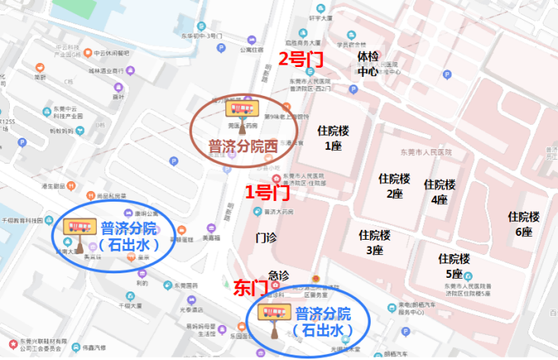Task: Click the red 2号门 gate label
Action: click(x=300, y=58)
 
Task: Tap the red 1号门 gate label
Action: click(x=266, y=192)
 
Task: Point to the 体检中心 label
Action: click(x=368, y=64)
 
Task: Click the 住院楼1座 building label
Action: click(x=333, y=138)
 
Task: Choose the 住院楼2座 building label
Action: click(x=394, y=186)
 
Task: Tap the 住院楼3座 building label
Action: click(x=375, y=242)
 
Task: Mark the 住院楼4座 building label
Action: click(x=439, y=192)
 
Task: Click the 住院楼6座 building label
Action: click(x=524, y=224)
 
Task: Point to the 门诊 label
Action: click(x=268, y=239)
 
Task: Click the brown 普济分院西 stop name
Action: click(x=242, y=145)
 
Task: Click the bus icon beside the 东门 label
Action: click(x=274, y=312)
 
